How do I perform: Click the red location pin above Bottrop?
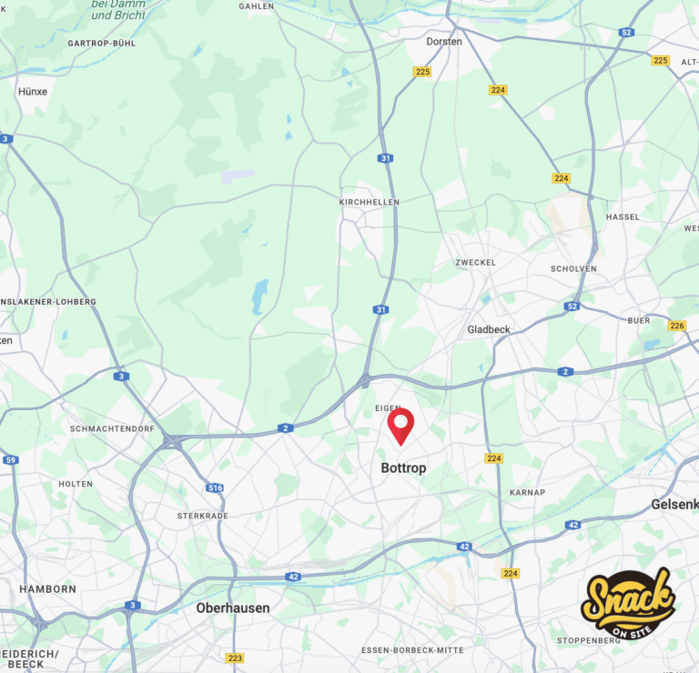point(400,425)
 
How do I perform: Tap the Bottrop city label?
point(403,468)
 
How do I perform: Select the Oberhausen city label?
point(233,608)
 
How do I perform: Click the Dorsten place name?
point(444,41)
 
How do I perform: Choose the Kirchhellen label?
point(369,202)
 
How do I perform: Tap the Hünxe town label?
point(33,92)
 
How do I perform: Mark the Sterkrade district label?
point(203,516)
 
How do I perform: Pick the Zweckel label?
point(476,262)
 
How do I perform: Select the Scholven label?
point(573,268)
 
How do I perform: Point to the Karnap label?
point(528,492)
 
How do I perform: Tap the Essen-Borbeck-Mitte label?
point(412,650)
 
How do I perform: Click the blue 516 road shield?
point(215,488)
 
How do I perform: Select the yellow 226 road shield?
point(676,326)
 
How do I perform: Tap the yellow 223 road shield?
point(235,658)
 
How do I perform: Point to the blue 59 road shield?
point(10,460)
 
